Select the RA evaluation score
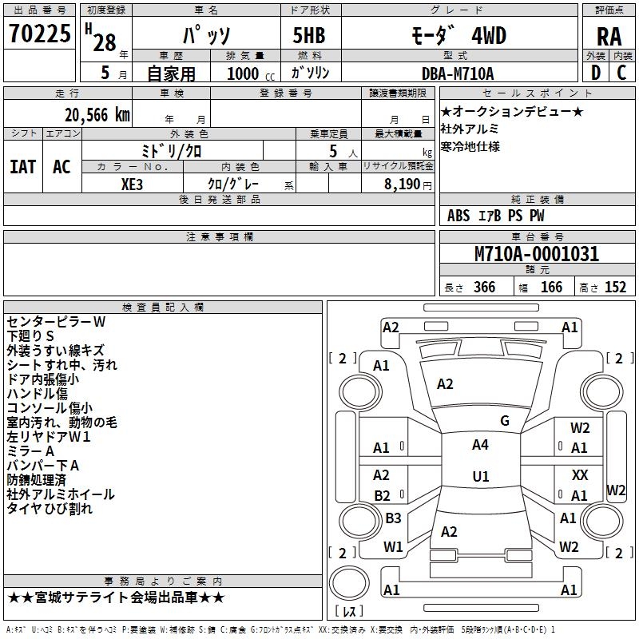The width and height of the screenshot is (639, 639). click(609, 37)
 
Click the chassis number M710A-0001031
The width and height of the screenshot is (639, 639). click(537, 254)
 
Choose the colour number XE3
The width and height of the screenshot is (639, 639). click(132, 184)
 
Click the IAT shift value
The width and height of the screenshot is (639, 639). click(22, 166)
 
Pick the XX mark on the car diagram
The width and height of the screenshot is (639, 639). click(580, 474)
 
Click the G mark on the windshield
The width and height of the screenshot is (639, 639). click(504, 421)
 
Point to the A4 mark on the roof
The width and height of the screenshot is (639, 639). click(480, 445)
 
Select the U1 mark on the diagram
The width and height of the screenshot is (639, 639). click(480, 477)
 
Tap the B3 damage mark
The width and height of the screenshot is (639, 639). click(393, 518)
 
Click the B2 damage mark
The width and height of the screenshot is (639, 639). click(382, 495)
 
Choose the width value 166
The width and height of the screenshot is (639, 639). click(551, 288)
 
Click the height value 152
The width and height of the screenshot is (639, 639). click(615, 288)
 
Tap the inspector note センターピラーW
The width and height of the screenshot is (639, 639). click(56, 322)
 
